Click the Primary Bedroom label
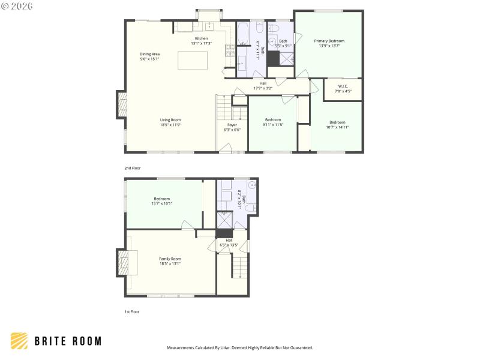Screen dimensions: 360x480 point(329,41)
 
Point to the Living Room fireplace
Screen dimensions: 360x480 point(122,106)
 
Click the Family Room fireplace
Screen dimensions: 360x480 point(125,262)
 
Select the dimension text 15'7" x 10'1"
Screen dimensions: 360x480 point(161,203)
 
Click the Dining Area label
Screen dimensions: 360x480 point(149,54)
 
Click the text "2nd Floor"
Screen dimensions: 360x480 point(131,168)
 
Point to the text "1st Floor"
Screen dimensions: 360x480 point(131,311)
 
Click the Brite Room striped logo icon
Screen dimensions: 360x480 point(19,341)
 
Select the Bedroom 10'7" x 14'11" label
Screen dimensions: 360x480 point(337,124)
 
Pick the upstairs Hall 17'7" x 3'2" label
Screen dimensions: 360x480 point(262,86)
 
